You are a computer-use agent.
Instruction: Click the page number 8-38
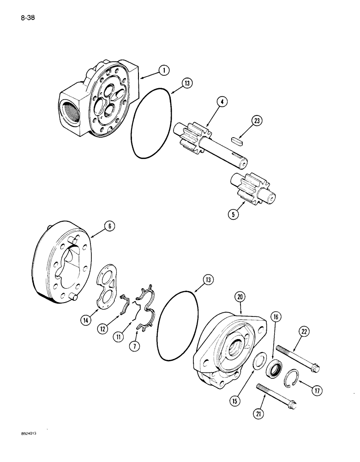[x=28, y=18]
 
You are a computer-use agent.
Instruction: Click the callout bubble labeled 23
[x=257, y=121]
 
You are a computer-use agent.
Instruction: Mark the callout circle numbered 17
[x=316, y=390]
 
